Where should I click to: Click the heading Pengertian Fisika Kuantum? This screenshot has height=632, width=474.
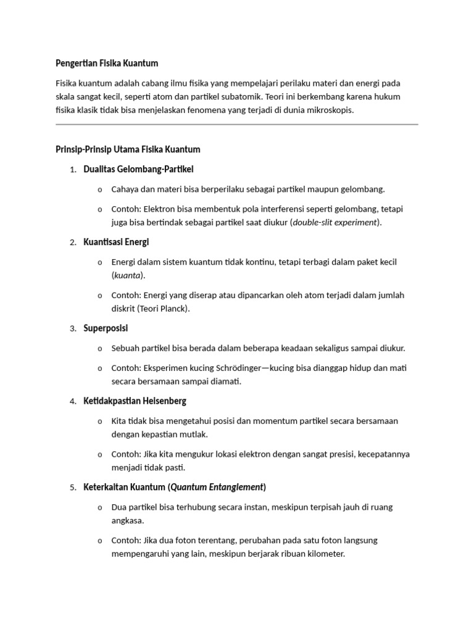[x=107, y=63]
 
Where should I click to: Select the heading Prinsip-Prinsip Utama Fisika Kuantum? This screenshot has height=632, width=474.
[x=128, y=149]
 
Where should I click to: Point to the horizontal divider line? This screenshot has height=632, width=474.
[x=237, y=125]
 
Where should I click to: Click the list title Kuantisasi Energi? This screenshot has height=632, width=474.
[x=116, y=242]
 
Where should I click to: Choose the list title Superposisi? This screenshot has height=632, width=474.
[x=106, y=328]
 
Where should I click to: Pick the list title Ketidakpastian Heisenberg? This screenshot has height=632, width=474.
[x=135, y=401]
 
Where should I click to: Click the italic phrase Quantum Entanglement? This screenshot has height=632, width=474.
[x=217, y=488]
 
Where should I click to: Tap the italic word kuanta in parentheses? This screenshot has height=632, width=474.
[x=127, y=275]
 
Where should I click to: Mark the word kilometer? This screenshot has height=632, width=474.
[x=322, y=554]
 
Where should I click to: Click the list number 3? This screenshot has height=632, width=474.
[x=73, y=329]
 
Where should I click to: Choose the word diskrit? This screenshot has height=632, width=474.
[x=124, y=309]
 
